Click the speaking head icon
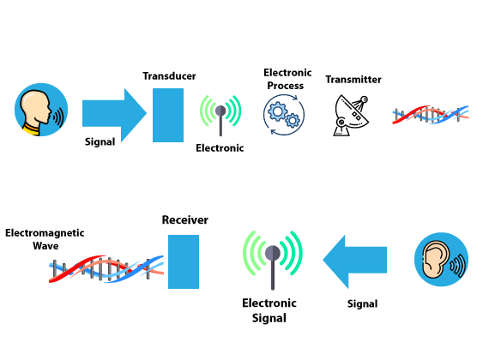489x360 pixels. pos(41,110)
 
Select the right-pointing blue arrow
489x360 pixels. pos(114,115)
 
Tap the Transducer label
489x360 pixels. pos(169,76)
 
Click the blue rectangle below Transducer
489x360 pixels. pos(168,115)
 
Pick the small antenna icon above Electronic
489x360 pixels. pos(220,115)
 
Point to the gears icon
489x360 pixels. pos(284,115)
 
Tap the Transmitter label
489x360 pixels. pos(353,80)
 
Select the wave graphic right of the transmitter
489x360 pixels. pos(431,115)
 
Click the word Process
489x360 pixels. pos(286,86)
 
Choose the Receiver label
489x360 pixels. pos(185,220)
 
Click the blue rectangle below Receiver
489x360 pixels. pos(184,261)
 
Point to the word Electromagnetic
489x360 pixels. pos(45,233)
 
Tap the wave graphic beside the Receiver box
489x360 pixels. pos(106,268)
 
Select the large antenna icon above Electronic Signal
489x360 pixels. pos(273,260)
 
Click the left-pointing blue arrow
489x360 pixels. pos(355,261)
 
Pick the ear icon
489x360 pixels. pos(441,260)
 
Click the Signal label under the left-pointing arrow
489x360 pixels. pos(362,304)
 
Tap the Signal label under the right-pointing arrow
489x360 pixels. pos(100,141)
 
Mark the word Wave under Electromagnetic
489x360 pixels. pos(45,246)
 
